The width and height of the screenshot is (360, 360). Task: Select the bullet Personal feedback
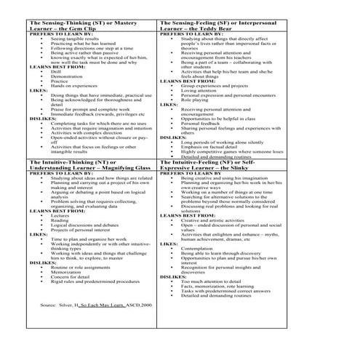[200, 124]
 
